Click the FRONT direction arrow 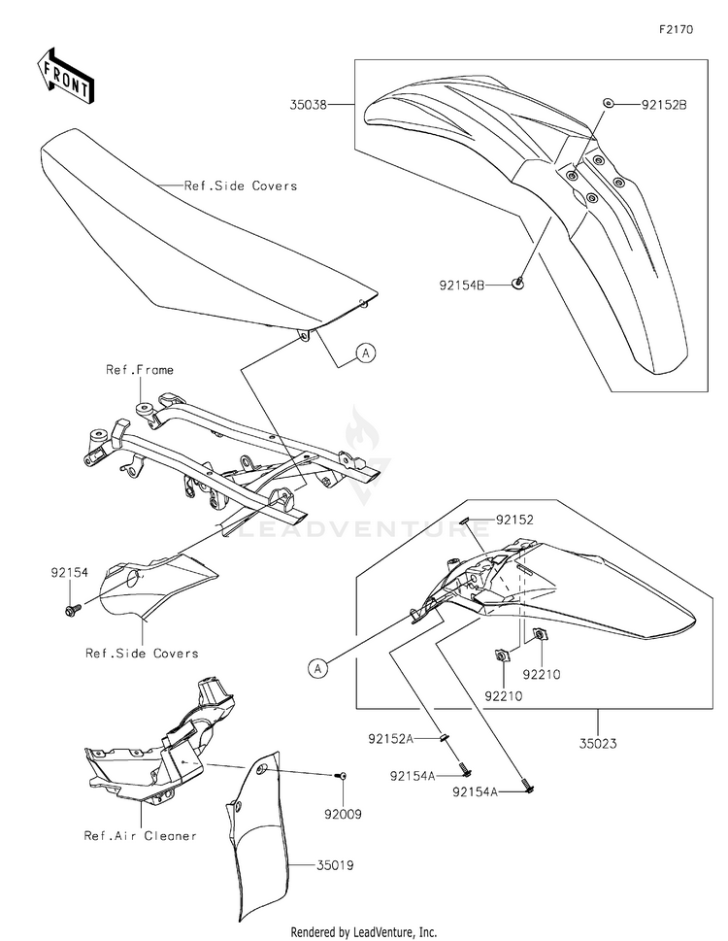pos(66,76)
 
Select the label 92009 pos(346,815)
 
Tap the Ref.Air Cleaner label pos(140,835)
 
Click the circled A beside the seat pos(365,353)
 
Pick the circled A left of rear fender pos(316,667)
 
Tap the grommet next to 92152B pos(607,103)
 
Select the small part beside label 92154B pos(518,284)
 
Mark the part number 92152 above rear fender pos(515,520)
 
